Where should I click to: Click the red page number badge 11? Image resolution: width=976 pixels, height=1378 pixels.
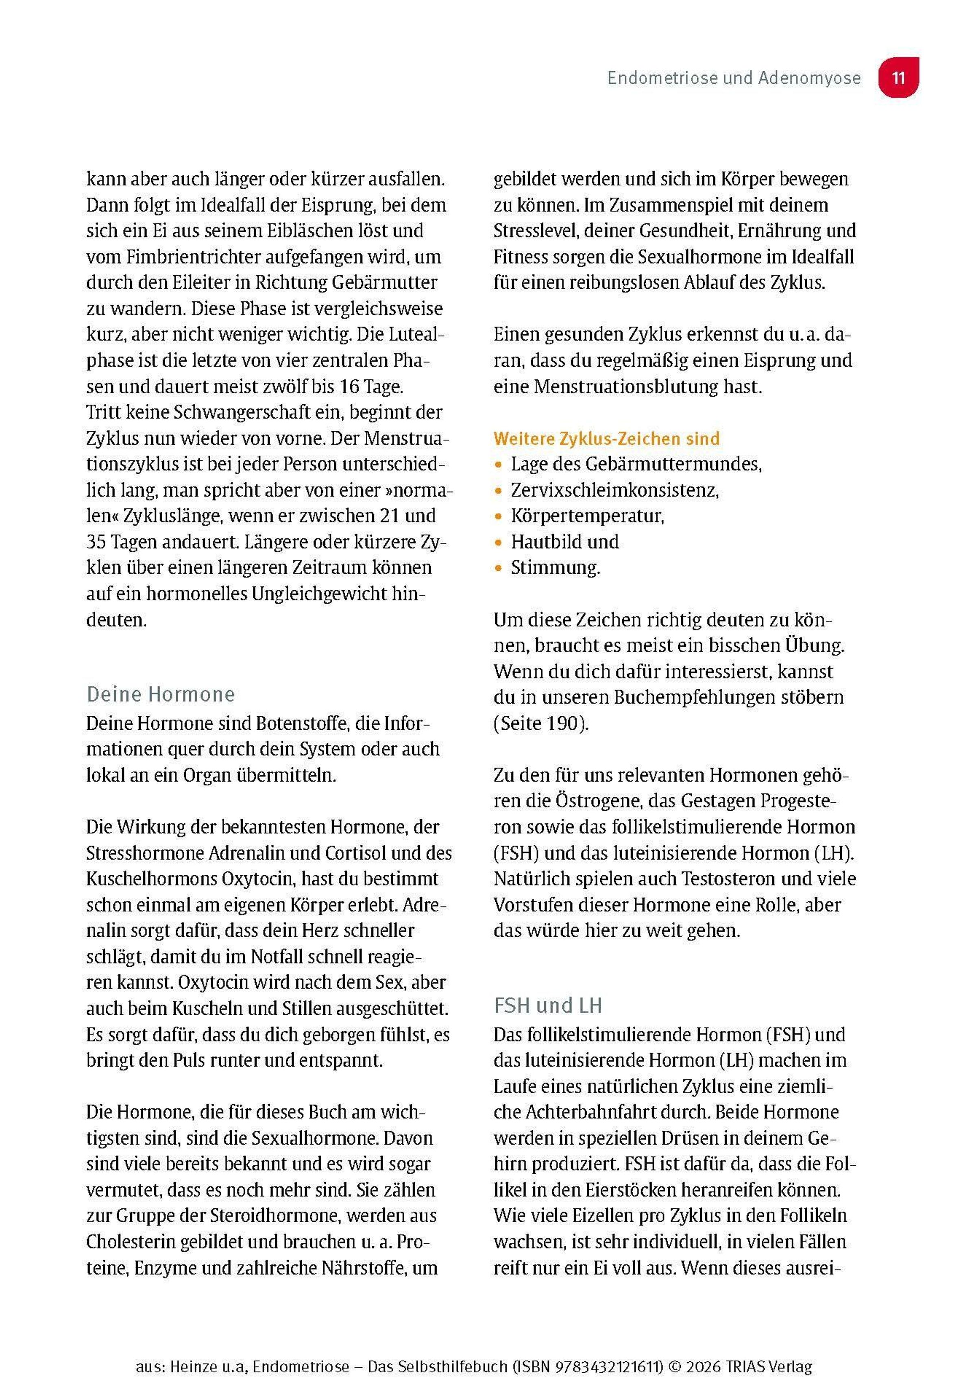(898, 78)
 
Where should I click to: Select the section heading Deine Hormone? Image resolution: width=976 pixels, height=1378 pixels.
(161, 694)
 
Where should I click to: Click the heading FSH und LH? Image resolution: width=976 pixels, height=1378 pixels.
(547, 1005)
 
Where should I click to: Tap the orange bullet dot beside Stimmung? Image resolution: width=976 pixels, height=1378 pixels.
(498, 567)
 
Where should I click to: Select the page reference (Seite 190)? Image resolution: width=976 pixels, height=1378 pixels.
(541, 723)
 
